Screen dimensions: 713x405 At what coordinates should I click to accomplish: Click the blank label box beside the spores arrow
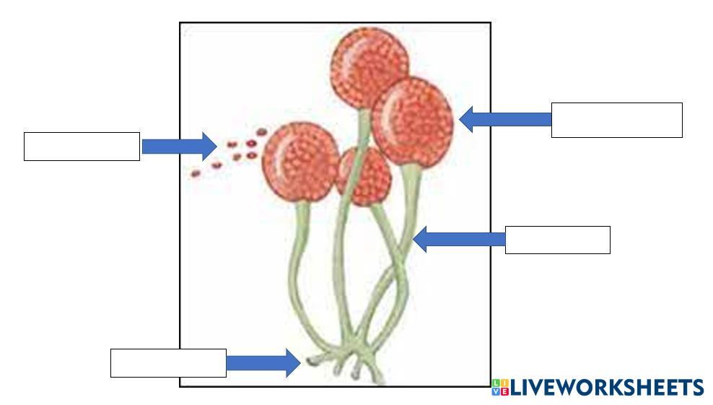point(82,147)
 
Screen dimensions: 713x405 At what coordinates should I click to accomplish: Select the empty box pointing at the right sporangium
point(616,120)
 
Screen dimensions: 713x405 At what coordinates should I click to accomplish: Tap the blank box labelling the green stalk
point(557,240)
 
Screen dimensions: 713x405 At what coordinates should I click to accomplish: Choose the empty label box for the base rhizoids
point(168,362)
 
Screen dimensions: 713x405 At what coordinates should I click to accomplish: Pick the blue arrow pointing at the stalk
point(459,239)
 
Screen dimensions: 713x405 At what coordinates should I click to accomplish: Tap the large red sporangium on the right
point(413,121)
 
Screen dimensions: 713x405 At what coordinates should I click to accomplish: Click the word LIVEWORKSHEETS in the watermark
point(607,388)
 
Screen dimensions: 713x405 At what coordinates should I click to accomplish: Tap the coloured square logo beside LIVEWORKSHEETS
point(500,388)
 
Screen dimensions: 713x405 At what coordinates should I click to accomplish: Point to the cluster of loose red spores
point(231,153)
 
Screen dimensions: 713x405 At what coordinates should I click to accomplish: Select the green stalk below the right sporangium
point(410,209)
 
